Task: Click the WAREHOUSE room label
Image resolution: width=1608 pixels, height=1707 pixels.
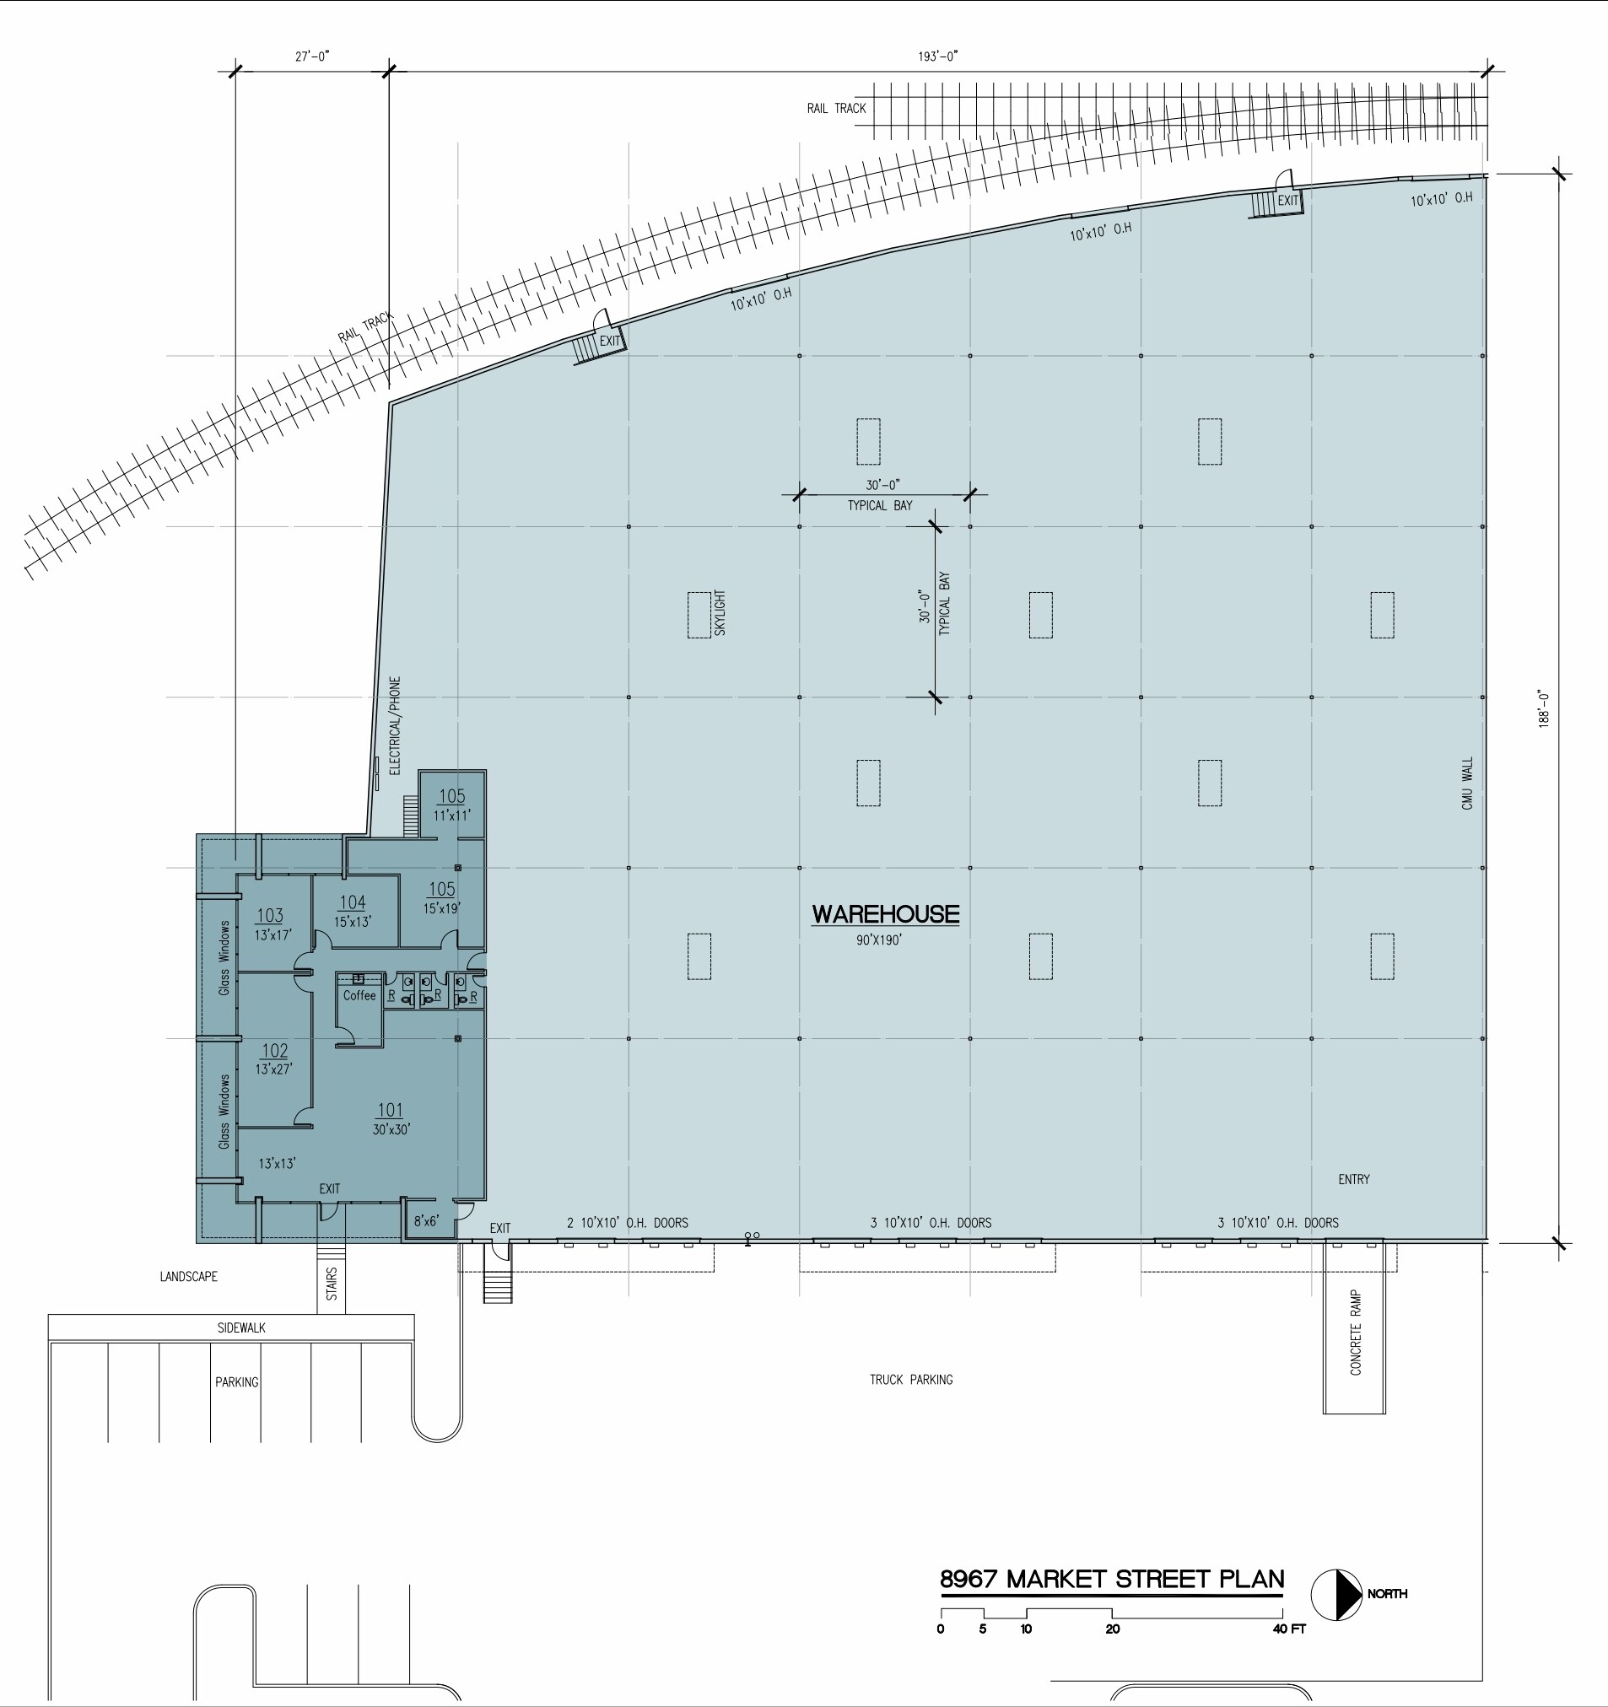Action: point(886,914)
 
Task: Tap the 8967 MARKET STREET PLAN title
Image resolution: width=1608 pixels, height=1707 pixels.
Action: point(1112,1579)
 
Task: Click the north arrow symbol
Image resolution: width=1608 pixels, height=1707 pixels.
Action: point(1336,1595)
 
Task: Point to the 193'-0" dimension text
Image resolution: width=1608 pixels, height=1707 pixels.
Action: point(938,57)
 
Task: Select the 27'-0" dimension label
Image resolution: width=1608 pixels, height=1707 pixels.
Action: point(312,57)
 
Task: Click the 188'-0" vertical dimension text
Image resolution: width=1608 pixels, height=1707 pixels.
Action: point(1544,709)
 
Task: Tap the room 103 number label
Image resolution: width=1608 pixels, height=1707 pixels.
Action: point(270,916)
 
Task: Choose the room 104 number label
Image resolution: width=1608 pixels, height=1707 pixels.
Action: point(352,902)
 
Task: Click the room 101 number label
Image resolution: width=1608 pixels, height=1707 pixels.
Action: point(390,1110)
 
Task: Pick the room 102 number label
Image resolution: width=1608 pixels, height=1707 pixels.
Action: point(275,1051)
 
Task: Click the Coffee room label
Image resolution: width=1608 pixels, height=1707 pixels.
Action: point(359,996)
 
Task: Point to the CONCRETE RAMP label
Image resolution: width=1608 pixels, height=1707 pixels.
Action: point(1356,1332)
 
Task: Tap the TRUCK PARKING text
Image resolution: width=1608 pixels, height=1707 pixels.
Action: point(910,1380)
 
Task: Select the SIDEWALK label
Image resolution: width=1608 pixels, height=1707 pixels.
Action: point(241,1327)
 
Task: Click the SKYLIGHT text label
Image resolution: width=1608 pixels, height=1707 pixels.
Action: point(720,613)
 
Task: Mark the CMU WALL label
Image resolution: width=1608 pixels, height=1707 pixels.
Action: point(1467,783)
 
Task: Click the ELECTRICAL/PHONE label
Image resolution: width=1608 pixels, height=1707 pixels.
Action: point(395,725)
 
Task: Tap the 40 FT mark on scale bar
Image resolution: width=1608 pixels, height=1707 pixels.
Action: point(1288,1629)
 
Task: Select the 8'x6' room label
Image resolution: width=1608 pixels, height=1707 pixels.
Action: point(426,1221)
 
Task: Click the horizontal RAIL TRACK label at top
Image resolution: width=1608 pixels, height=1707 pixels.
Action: point(836,108)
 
